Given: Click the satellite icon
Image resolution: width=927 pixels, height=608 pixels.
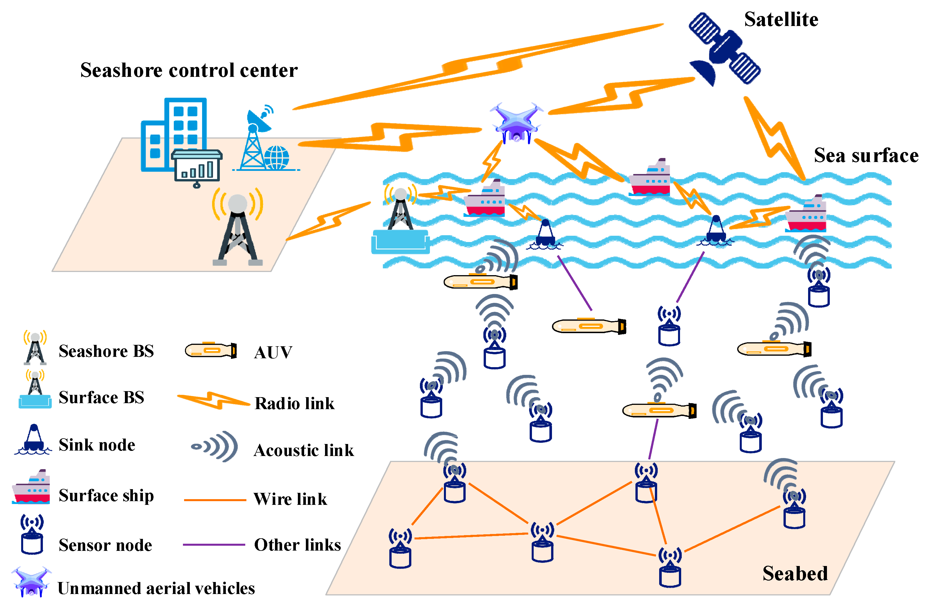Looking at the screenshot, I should (724, 49).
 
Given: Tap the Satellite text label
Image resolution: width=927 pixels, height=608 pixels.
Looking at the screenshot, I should (781, 19).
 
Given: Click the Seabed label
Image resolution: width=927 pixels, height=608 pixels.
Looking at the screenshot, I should (795, 573).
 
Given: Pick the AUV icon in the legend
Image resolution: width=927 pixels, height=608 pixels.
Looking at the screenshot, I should (211, 350).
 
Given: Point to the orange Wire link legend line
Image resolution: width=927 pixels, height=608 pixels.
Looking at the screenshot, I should (215, 500).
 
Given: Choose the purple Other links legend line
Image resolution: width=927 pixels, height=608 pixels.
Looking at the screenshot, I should (214, 545).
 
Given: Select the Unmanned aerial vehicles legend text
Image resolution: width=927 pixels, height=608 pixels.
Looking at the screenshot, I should (156, 589).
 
